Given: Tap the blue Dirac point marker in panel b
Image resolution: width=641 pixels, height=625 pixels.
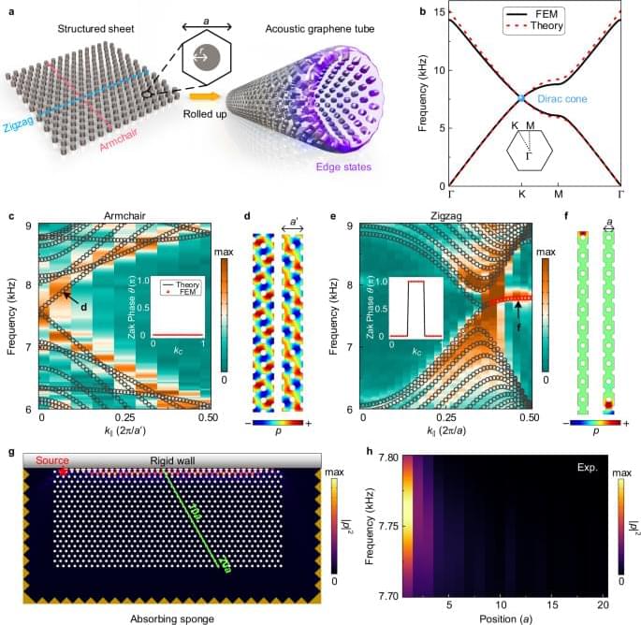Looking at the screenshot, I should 522,98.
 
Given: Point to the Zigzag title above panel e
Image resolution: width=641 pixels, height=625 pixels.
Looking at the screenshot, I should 444,217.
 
